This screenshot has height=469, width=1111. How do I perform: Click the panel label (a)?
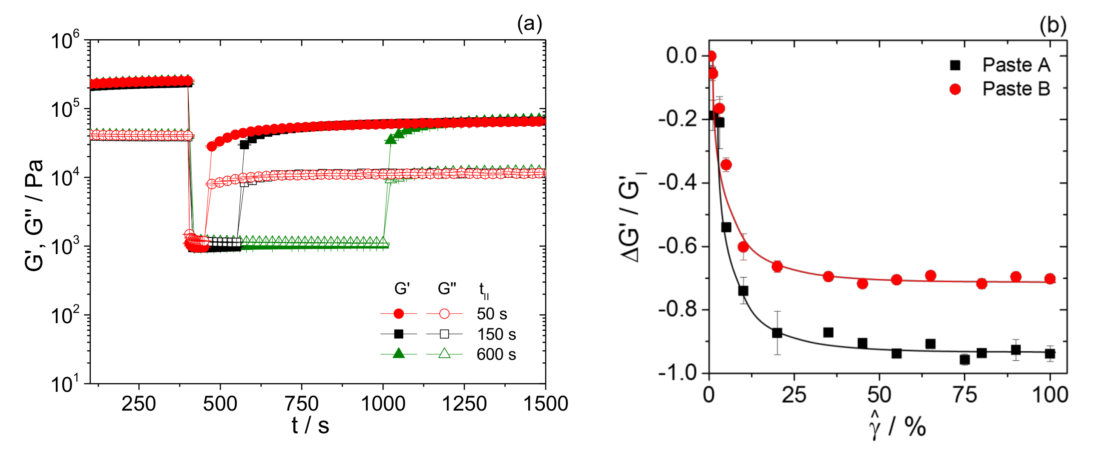(x=529, y=23)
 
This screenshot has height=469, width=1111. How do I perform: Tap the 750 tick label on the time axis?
(x=302, y=404)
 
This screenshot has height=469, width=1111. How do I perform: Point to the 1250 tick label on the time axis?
(x=464, y=404)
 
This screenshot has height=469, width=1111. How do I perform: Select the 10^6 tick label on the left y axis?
(x=65, y=41)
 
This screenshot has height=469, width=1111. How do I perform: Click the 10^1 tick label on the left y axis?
(x=65, y=383)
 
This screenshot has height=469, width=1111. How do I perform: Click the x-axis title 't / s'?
(x=310, y=426)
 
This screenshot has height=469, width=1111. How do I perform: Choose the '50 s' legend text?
(x=492, y=314)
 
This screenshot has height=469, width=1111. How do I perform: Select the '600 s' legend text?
(x=496, y=354)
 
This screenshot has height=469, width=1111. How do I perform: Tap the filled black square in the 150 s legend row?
(x=399, y=334)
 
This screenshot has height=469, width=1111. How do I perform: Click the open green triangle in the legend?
(x=444, y=354)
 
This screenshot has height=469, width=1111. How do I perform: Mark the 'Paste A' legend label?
(x=1016, y=65)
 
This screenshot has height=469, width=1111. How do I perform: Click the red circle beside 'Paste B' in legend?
(x=956, y=89)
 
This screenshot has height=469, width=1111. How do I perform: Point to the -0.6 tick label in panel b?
(x=678, y=246)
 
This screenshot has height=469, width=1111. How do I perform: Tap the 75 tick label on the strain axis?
(x=964, y=394)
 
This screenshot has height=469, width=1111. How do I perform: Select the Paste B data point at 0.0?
(x=711, y=56)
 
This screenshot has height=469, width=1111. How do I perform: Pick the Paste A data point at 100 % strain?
(x=1050, y=354)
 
